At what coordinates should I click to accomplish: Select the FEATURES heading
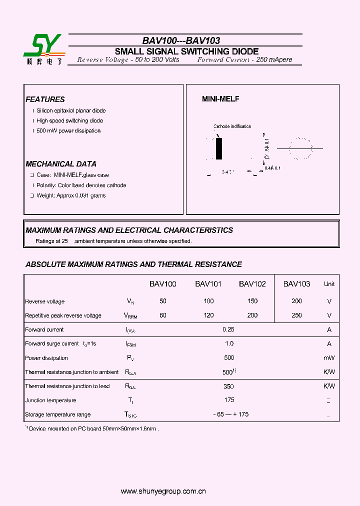(x=45, y=99)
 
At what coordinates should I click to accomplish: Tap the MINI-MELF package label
(x=220, y=99)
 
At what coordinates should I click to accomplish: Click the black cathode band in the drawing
(x=219, y=149)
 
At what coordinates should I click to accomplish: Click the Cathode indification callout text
(x=232, y=126)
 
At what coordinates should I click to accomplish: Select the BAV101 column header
(x=208, y=284)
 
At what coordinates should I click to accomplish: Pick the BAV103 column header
(x=296, y=284)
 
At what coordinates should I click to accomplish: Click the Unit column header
(x=329, y=284)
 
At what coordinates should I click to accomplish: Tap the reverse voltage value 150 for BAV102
(x=252, y=301)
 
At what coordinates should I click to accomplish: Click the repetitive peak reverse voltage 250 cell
(x=296, y=315)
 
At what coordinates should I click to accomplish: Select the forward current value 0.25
(x=228, y=329)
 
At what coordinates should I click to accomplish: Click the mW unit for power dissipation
(x=329, y=358)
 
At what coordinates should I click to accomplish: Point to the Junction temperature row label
(x=50, y=400)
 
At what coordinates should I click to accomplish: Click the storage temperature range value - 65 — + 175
(x=230, y=414)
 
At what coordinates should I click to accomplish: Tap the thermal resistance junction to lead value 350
(x=228, y=386)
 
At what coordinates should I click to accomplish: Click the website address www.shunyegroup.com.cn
(x=163, y=491)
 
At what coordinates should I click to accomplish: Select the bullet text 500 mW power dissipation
(x=68, y=131)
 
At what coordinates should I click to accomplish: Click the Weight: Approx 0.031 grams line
(x=71, y=195)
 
